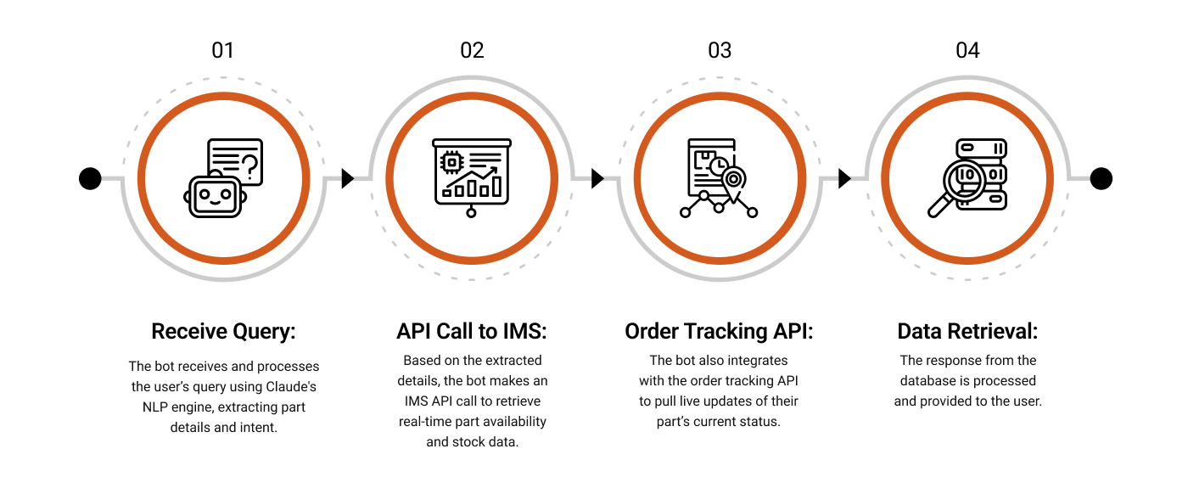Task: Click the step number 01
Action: (x=222, y=50)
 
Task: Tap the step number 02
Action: (x=472, y=50)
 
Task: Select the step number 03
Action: (x=720, y=50)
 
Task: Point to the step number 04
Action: (x=967, y=50)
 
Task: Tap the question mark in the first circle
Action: (x=250, y=165)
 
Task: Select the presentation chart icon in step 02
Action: (x=472, y=174)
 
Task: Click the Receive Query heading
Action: (x=223, y=331)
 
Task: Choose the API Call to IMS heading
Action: (x=472, y=331)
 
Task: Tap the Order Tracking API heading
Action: (x=719, y=331)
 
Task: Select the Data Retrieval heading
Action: (x=967, y=331)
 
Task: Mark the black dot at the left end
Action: (x=90, y=178)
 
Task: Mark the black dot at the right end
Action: (x=1101, y=178)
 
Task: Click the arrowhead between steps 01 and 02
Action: (x=347, y=178)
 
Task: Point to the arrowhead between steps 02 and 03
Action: (x=597, y=178)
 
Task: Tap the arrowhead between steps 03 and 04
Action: (x=844, y=178)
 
